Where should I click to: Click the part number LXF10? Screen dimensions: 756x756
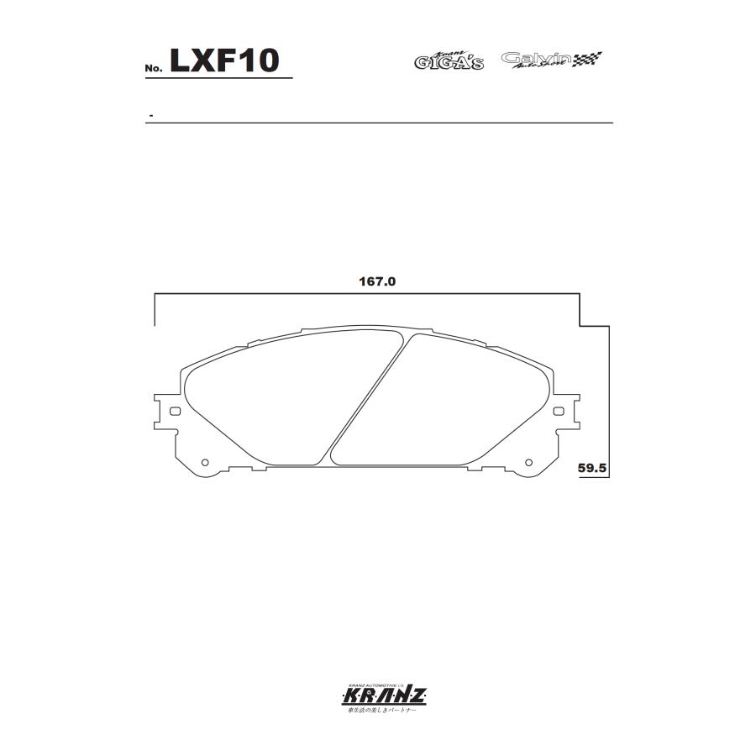pyautogui.click(x=223, y=60)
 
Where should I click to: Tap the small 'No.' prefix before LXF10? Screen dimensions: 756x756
pyautogui.click(x=153, y=67)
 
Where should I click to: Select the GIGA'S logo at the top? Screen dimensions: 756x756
pyautogui.click(x=449, y=60)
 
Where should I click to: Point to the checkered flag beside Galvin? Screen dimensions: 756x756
pyautogui.click(x=589, y=60)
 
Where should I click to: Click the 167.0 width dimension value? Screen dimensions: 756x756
pyautogui.click(x=371, y=282)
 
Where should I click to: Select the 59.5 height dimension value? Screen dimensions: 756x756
pyautogui.click(x=592, y=468)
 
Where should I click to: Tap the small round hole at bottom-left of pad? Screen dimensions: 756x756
pyautogui.click(x=206, y=461)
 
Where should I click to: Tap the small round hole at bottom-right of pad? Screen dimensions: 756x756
pyautogui.click(x=528, y=461)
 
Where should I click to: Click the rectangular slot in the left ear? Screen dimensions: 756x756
pyautogui.click(x=175, y=412)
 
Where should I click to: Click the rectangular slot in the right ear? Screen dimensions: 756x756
pyautogui.click(x=559, y=412)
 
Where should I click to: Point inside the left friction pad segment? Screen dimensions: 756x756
pyautogui.click(x=269, y=403)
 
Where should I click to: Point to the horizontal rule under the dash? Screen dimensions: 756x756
pyautogui.click(x=378, y=123)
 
